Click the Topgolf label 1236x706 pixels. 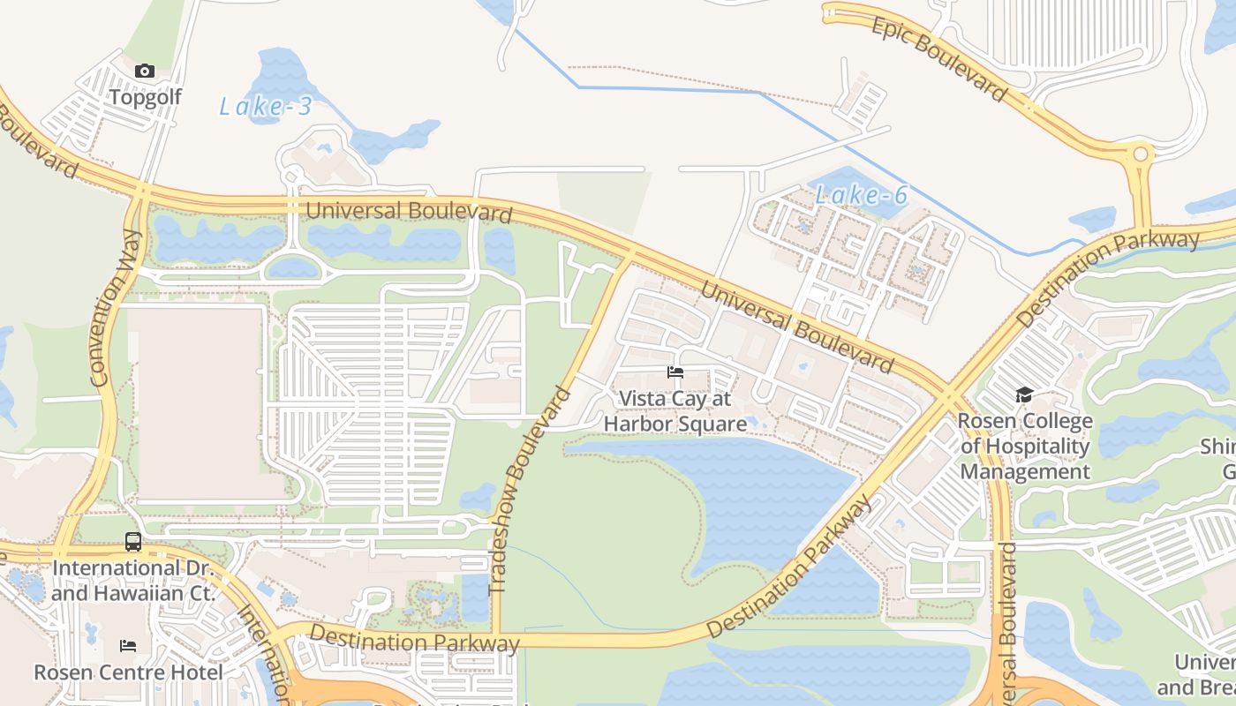pyautogui.click(x=145, y=97)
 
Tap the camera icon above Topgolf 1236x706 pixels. pyautogui.click(x=145, y=71)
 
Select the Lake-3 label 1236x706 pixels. pyautogui.click(x=265, y=107)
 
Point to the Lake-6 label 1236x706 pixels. pyautogui.click(x=861, y=195)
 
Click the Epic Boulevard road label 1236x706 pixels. pyautogui.click(x=939, y=58)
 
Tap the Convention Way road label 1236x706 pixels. pyautogui.click(x=117, y=308)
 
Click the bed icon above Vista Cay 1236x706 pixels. pyautogui.click(x=675, y=372)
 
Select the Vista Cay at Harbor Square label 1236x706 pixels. pyautogui.click(x=675, y=411)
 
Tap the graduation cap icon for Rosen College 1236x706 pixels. pyautogui.click(x=1024, y=394)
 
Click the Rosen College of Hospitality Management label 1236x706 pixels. pyautogui.click(x=1025, y=446)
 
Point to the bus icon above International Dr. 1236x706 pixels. pyautogui.click(x=133, y=542)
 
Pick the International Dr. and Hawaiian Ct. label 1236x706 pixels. pyautogui.click(x=133, y=580)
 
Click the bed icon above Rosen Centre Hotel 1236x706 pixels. pyautogui.click(x=128, y=646)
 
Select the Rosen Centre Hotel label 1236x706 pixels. pyautogui.click(x=128, y=672)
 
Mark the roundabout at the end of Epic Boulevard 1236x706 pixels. pyautogui.click(x=1140, y=155)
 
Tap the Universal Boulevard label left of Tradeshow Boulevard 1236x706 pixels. pyautogui.click(x=409, y=212)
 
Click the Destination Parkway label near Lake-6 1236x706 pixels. pyautogui.click(x=1108, y=277)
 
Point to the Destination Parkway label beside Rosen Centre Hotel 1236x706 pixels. pyautogui.click(x=414, y=640)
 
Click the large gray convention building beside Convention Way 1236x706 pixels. pyautogui.click(x=201, y=404)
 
